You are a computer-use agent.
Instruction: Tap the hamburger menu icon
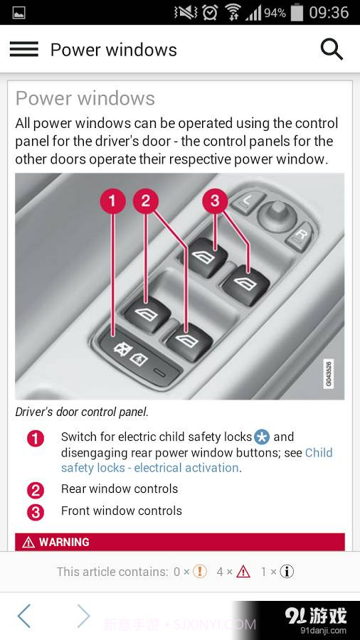23,49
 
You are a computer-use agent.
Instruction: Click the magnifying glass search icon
332,49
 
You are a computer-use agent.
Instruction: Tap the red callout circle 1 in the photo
112,201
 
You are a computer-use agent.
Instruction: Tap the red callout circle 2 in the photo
146,201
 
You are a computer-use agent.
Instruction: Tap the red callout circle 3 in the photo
215,201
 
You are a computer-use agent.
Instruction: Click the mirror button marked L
247,202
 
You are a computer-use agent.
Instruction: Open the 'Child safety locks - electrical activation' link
149,468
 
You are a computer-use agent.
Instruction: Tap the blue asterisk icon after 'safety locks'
262,437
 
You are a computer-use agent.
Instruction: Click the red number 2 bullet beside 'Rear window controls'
36,490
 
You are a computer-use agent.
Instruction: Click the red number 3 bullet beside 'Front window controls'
36,512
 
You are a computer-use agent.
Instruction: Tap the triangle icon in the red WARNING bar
28,543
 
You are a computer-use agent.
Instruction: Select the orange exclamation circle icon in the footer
200,572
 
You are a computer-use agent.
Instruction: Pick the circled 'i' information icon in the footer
287,572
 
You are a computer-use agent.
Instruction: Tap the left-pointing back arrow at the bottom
24,616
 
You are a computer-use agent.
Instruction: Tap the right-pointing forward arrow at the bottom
83,616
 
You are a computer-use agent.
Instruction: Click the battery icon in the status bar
297,12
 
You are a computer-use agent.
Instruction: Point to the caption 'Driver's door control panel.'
82,412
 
